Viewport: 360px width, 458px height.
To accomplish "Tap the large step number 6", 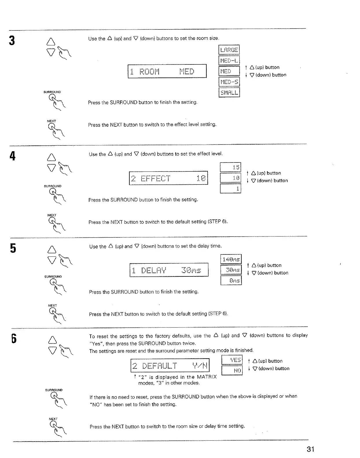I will (x=14, y=339).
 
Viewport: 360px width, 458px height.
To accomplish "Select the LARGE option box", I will (x=229, y=50).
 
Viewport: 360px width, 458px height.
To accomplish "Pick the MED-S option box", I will (x=229, y=82).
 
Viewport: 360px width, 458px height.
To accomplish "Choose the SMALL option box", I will (x=229, y=93).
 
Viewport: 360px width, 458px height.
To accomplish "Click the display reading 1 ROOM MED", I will (x=167, y=71).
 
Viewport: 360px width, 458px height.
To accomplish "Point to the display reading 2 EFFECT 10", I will (x=168, y=178).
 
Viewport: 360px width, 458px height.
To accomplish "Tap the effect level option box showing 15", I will (x=230, y=167).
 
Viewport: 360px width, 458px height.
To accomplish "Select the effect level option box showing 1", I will (x=230, y=189).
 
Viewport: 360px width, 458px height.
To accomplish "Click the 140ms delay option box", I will (x=231, y=259).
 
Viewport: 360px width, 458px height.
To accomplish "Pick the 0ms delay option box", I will (x=231, y=280).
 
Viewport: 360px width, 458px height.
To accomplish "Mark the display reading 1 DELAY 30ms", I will (x=169, y=270).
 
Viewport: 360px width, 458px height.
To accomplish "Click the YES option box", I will (x=232, y=360).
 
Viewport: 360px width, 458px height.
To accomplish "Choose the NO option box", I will (x=232, y=370).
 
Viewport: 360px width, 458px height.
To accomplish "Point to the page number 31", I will (x=311, y=449).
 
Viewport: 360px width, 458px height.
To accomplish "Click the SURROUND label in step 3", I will (x=52, y=92).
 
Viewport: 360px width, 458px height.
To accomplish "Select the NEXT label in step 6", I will (x=53, y=419).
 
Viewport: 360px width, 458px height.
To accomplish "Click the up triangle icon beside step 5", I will (x=52, y=248).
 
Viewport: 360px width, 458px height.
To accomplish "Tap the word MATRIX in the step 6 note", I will (x=207, y=377).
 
